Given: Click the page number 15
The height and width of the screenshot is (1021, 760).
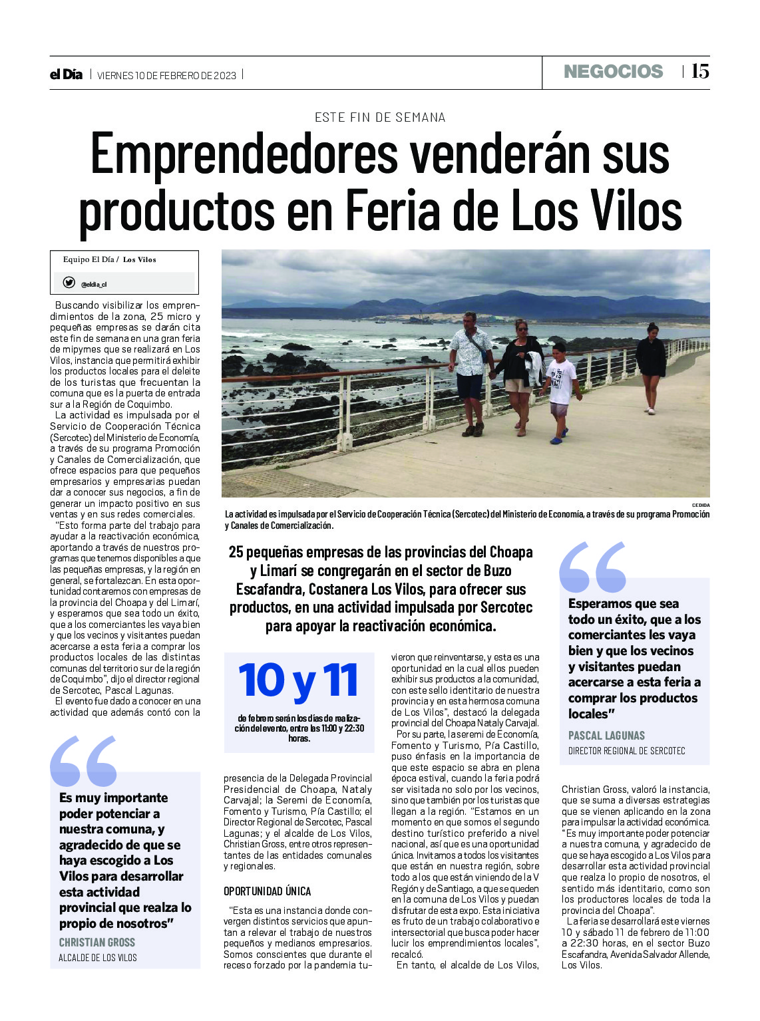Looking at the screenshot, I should (x=699, y=71).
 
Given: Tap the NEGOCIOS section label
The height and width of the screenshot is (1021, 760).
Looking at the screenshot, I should (x=613, y=72).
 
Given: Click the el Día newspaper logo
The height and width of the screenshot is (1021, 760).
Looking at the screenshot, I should (x=66, y=74).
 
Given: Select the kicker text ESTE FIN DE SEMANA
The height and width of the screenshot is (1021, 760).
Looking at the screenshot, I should (x=380, y=118).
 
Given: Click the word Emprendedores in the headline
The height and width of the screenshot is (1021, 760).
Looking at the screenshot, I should (x=244, y=154).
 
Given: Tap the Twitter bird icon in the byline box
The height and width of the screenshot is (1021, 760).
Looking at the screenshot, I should (x=69, y=283).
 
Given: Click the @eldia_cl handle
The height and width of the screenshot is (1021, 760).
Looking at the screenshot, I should (x=94, y=285).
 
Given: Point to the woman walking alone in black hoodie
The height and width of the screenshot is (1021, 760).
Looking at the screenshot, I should (x=650, y=366).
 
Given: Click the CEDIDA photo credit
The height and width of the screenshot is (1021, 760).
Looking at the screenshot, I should (x=700, y=506).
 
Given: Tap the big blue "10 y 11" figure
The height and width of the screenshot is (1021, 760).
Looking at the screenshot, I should (x=299, y=680).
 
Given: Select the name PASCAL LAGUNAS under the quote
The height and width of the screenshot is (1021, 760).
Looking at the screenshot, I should (x=606, y=736).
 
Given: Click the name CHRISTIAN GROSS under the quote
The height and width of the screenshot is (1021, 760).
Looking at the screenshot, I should (x=97, y=943).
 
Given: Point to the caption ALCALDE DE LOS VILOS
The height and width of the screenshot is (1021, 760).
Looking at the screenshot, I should (x=98, y=958).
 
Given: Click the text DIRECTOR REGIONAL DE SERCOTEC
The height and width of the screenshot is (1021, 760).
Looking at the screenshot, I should (x=626, y=751).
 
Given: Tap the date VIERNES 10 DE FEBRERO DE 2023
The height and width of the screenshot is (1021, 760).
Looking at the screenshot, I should (x=166, y=75).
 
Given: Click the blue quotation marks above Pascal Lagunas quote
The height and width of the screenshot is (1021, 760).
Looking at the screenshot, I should (x=592, y=567).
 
